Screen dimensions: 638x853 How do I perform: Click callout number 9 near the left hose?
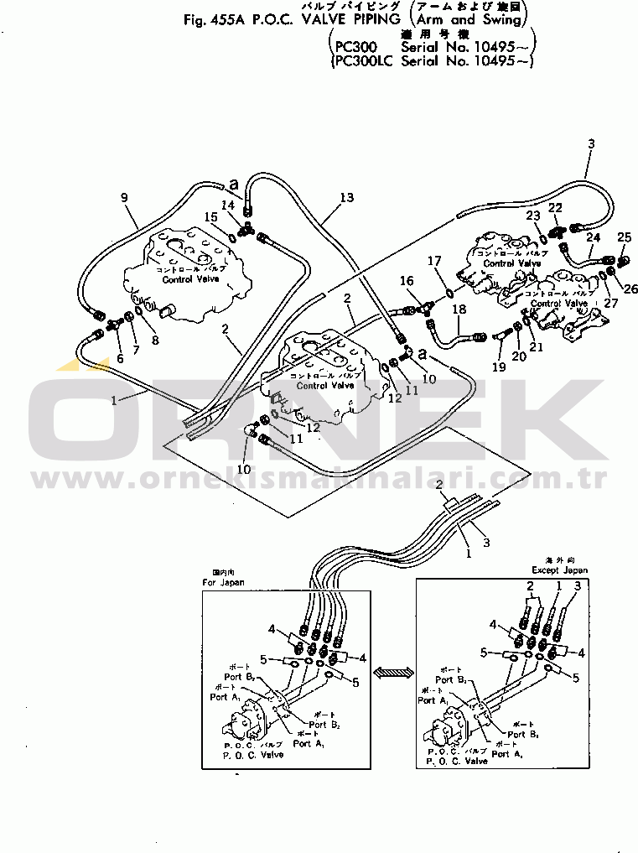tap(124, 198)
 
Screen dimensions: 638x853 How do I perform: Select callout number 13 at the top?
tap(348, 198)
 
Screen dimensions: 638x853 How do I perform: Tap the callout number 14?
tap(228, 205)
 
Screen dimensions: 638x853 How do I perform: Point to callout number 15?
tap(215, 218)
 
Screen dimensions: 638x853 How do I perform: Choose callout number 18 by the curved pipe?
tap(459, 310)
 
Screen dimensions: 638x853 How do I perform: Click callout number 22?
tap(555, 207)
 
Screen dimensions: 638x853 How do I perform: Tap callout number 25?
tap(624, 237)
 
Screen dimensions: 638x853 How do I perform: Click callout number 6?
tap(120, 358)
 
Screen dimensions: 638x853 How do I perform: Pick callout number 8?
tap(153, 341)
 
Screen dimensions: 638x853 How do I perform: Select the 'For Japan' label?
tap(223, 581)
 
